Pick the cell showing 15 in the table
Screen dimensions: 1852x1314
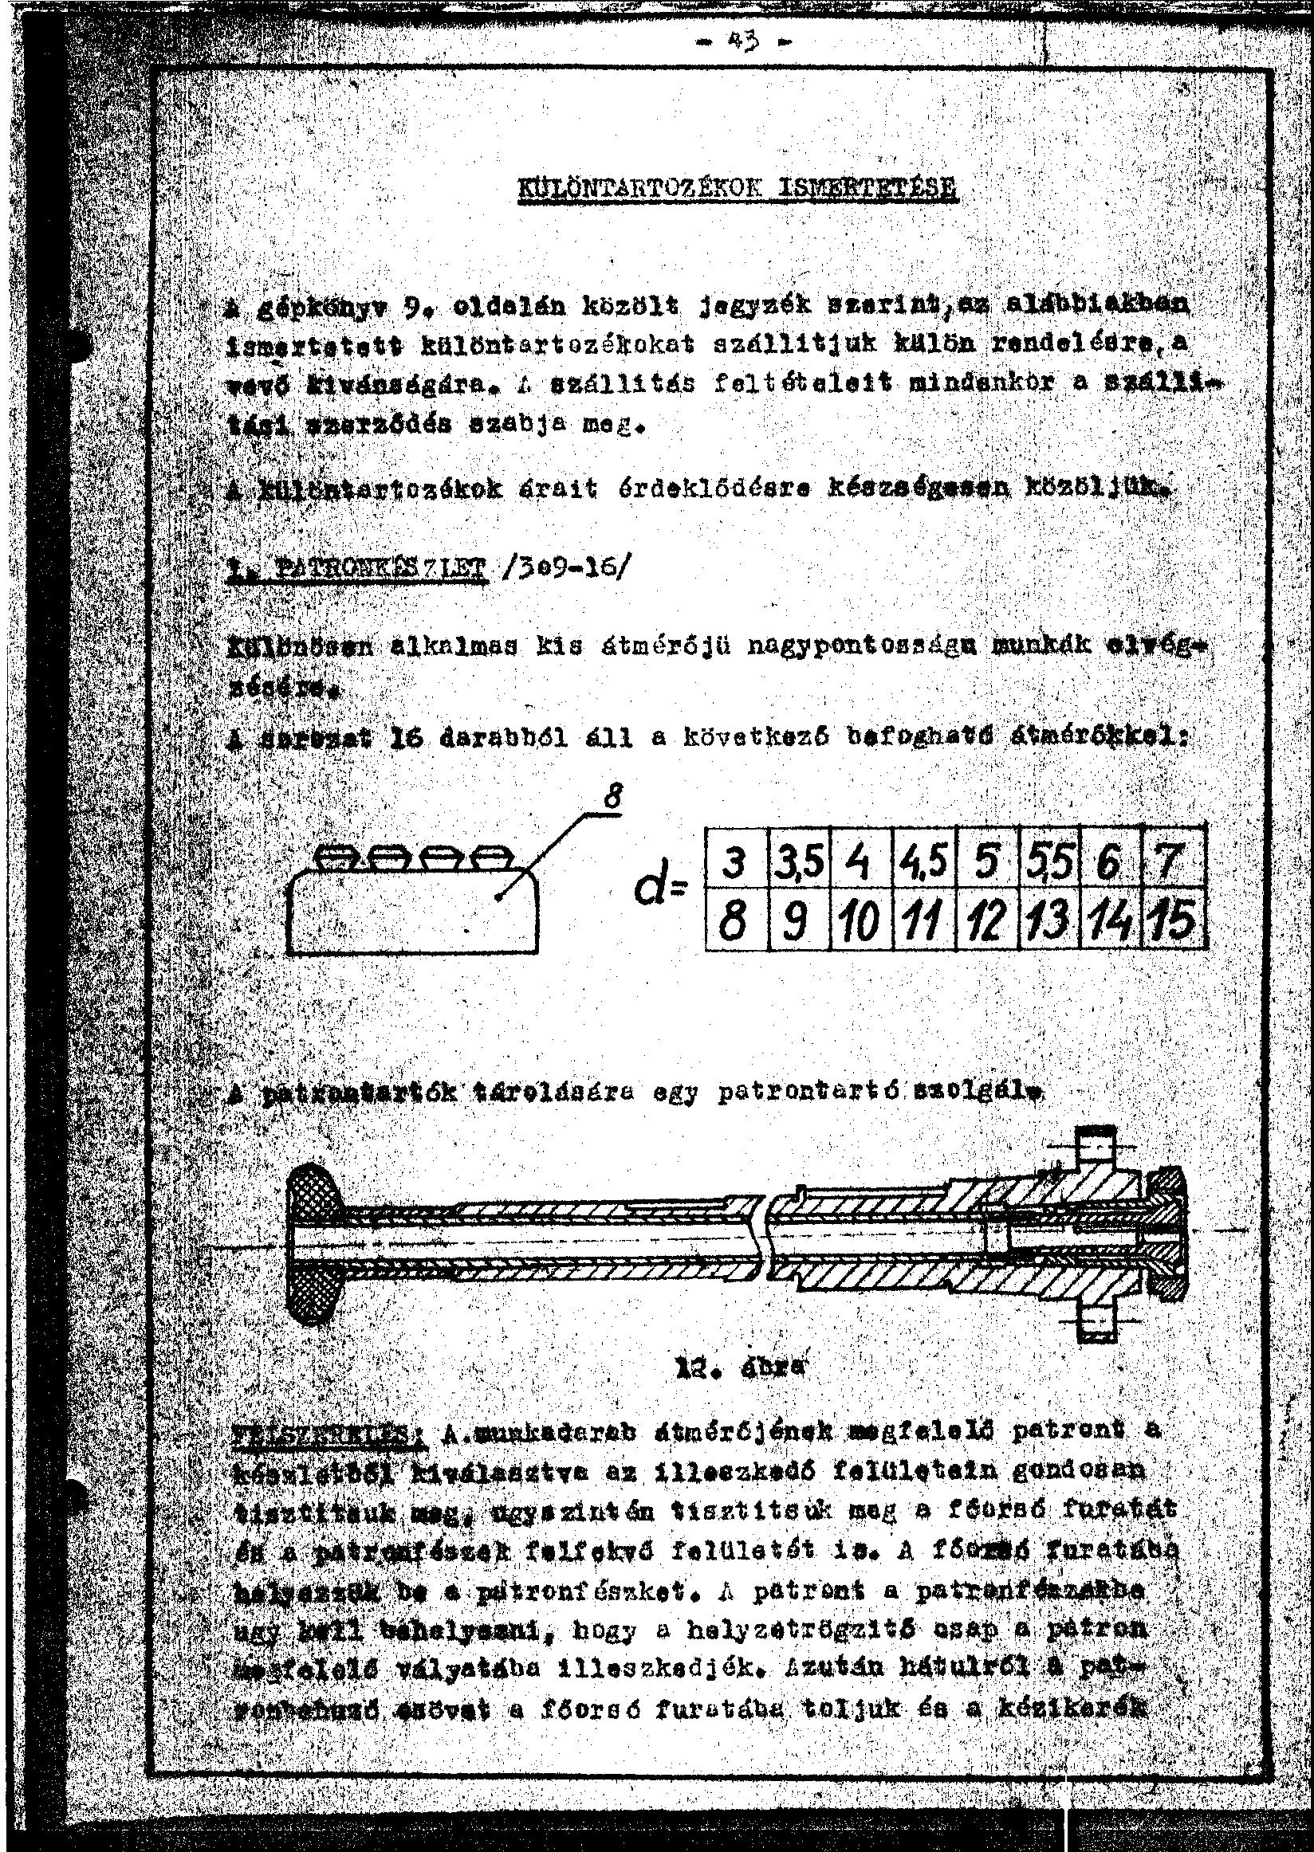click(x=1174, y=920)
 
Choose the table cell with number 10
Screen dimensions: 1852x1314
click(x=861, y=920)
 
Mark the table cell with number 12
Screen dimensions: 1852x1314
click(x=987, y=920)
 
